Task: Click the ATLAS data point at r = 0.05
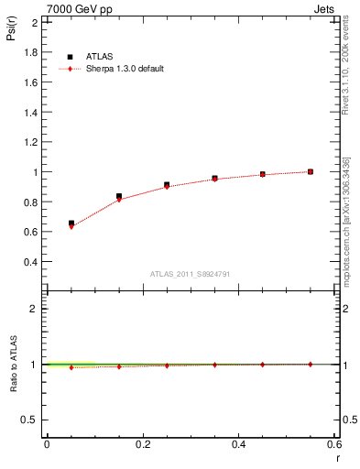click(x=71, y=224)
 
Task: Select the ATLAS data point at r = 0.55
click(x=311, y=171)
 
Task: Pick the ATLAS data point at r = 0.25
click(x=167, y=185)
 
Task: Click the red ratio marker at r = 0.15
click(x=119, y=366)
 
